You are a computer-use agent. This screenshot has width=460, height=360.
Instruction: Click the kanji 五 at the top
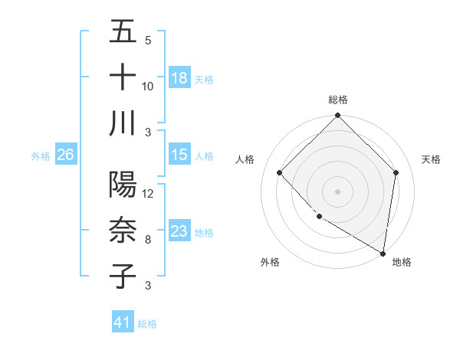[123, 33]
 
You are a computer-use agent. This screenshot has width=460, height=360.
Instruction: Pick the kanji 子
[123, 275]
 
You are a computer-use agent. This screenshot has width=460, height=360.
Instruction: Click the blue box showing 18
[179, 77]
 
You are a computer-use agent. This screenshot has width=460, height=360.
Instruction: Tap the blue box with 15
[179, 155]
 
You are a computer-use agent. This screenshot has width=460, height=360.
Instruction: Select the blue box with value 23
[179, 232]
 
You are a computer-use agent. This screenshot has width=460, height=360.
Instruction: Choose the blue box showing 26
[65, 155]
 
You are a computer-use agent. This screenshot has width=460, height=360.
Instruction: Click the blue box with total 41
[123, 323]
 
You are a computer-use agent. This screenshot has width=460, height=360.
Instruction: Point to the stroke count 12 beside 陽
[148, 194]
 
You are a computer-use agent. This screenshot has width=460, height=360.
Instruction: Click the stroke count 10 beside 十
[148, 86]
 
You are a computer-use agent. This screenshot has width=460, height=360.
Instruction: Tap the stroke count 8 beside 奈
[147, 239]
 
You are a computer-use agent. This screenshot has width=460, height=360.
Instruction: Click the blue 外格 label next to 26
[41, 156]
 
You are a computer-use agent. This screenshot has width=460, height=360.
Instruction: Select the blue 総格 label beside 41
[147, 324]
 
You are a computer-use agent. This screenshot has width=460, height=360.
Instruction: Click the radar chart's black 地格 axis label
[402, 263]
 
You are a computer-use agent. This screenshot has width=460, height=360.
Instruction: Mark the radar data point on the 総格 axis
[337, 116]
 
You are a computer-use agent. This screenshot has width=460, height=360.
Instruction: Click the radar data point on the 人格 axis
[280, 172]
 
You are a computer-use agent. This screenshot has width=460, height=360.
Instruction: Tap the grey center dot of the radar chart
[337, 191]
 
